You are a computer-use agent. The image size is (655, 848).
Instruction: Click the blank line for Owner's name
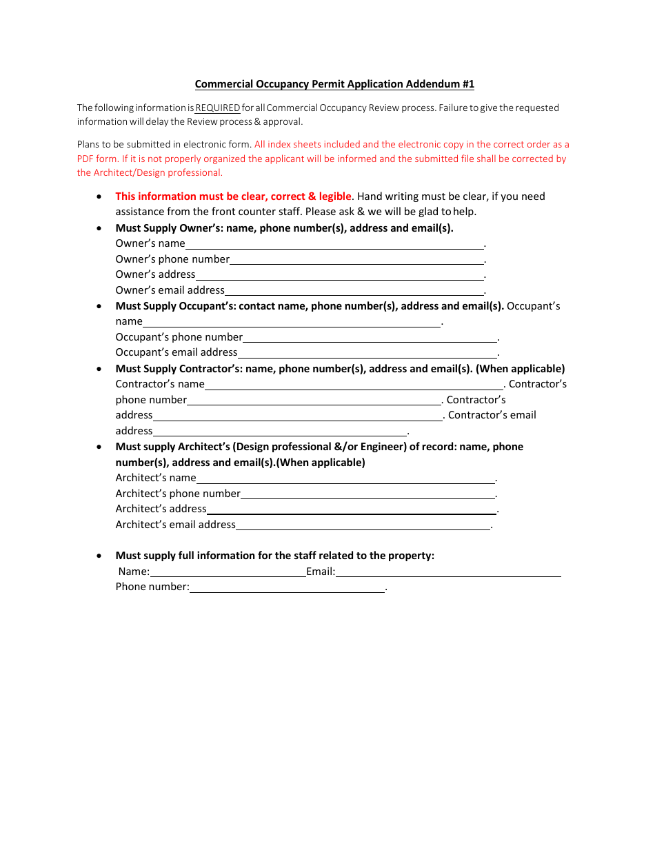(334, 244)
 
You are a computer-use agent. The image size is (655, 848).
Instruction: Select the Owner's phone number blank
(356, 260)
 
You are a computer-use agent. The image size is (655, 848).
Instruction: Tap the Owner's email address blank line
(354, 291)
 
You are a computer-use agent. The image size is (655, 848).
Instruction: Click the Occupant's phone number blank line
(370, 338)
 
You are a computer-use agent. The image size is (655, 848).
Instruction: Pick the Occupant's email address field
(367, 353)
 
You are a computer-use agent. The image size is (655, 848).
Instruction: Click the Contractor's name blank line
(354, 385)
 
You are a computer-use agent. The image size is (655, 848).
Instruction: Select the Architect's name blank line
(345, 478)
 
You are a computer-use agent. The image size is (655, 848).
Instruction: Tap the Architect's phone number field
(367, 494)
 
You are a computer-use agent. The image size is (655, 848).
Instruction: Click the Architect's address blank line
(351, 509)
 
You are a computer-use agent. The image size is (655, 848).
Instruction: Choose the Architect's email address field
(363, 525)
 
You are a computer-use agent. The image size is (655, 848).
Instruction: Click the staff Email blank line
(447, 572)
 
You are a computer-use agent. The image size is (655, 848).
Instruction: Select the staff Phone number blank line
(287, 587)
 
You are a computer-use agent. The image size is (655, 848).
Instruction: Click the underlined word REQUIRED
(218, 108)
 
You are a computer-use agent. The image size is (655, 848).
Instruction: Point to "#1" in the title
(467, 84)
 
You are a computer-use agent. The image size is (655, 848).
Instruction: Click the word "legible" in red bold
(335, 196)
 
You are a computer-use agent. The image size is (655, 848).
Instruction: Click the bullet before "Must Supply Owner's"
(100, 228)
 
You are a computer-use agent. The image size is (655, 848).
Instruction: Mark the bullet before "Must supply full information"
(100, 556)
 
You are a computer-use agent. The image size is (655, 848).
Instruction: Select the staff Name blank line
(228, 572)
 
